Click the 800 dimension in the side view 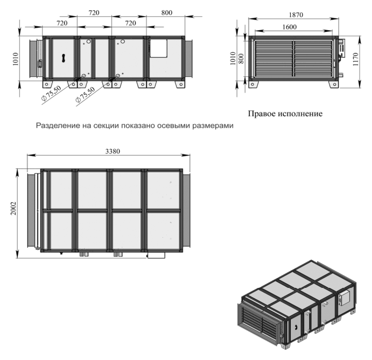166,12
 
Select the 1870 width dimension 296,15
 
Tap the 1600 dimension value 290,27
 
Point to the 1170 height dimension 355,59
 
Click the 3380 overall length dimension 113,151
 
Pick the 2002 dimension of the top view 13,208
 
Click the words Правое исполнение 285,114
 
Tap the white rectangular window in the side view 158,48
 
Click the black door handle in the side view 64,58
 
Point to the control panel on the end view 342,50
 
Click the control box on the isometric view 345,298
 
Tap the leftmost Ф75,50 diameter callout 51,93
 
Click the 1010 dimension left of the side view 15,59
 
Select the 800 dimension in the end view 241,59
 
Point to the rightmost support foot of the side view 180,84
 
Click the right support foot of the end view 333,84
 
